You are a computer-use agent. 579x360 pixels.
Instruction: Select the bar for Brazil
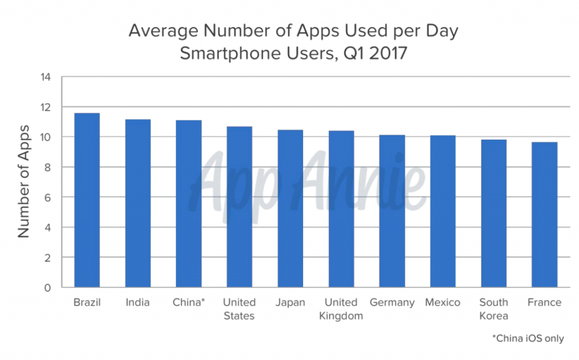[87, 201]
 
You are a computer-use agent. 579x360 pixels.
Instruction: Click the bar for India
[137, 203]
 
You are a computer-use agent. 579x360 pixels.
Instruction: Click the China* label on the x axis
[188, 302]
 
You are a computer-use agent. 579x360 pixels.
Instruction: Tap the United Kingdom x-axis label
[341, 309]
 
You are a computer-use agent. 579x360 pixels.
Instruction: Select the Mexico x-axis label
[443, 302]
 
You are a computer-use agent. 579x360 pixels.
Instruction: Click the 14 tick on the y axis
[46, 77]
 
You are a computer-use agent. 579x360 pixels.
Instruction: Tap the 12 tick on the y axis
[46, 107]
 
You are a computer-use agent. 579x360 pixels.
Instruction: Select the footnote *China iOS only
[528, 339]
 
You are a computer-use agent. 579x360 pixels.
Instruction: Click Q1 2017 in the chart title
[374, 54]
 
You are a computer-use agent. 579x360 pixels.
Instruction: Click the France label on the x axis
[545, 302]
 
